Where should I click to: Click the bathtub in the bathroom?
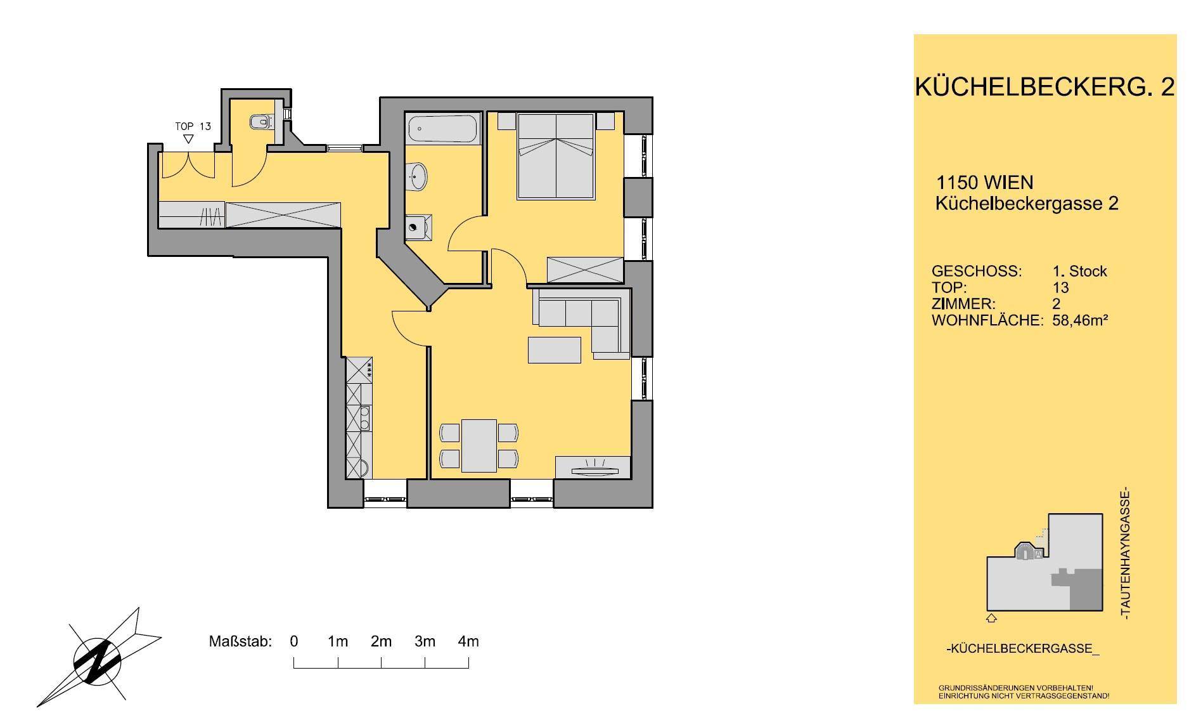pyautogui.click(x=443, y=129)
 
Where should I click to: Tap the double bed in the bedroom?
pyautogui.click(x=556, y=156)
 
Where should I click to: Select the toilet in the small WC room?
pyautogui.click(x=260, y=121)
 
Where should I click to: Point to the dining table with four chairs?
pyautogui.click(x=479, y=445)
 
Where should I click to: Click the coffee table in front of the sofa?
pyautogui.click(x=555, y=350)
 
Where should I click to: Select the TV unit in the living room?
pyautogui.click(x=593, y=467)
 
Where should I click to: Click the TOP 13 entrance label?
pyautogui.click(x=193, y=126)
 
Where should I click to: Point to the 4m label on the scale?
pyautogui.click(x=468, y=641)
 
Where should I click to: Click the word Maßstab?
pyautogui.click(x=240, y=641)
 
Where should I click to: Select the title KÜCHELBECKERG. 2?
pyautogui.click(x=1045, y=87)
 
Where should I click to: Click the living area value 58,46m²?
pyautogui.click(x=1080, y=320)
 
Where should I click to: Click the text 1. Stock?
pyautogui.click(x=1080, y=271)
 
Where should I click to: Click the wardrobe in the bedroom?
pyautogui.click(x=585, y=270)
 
